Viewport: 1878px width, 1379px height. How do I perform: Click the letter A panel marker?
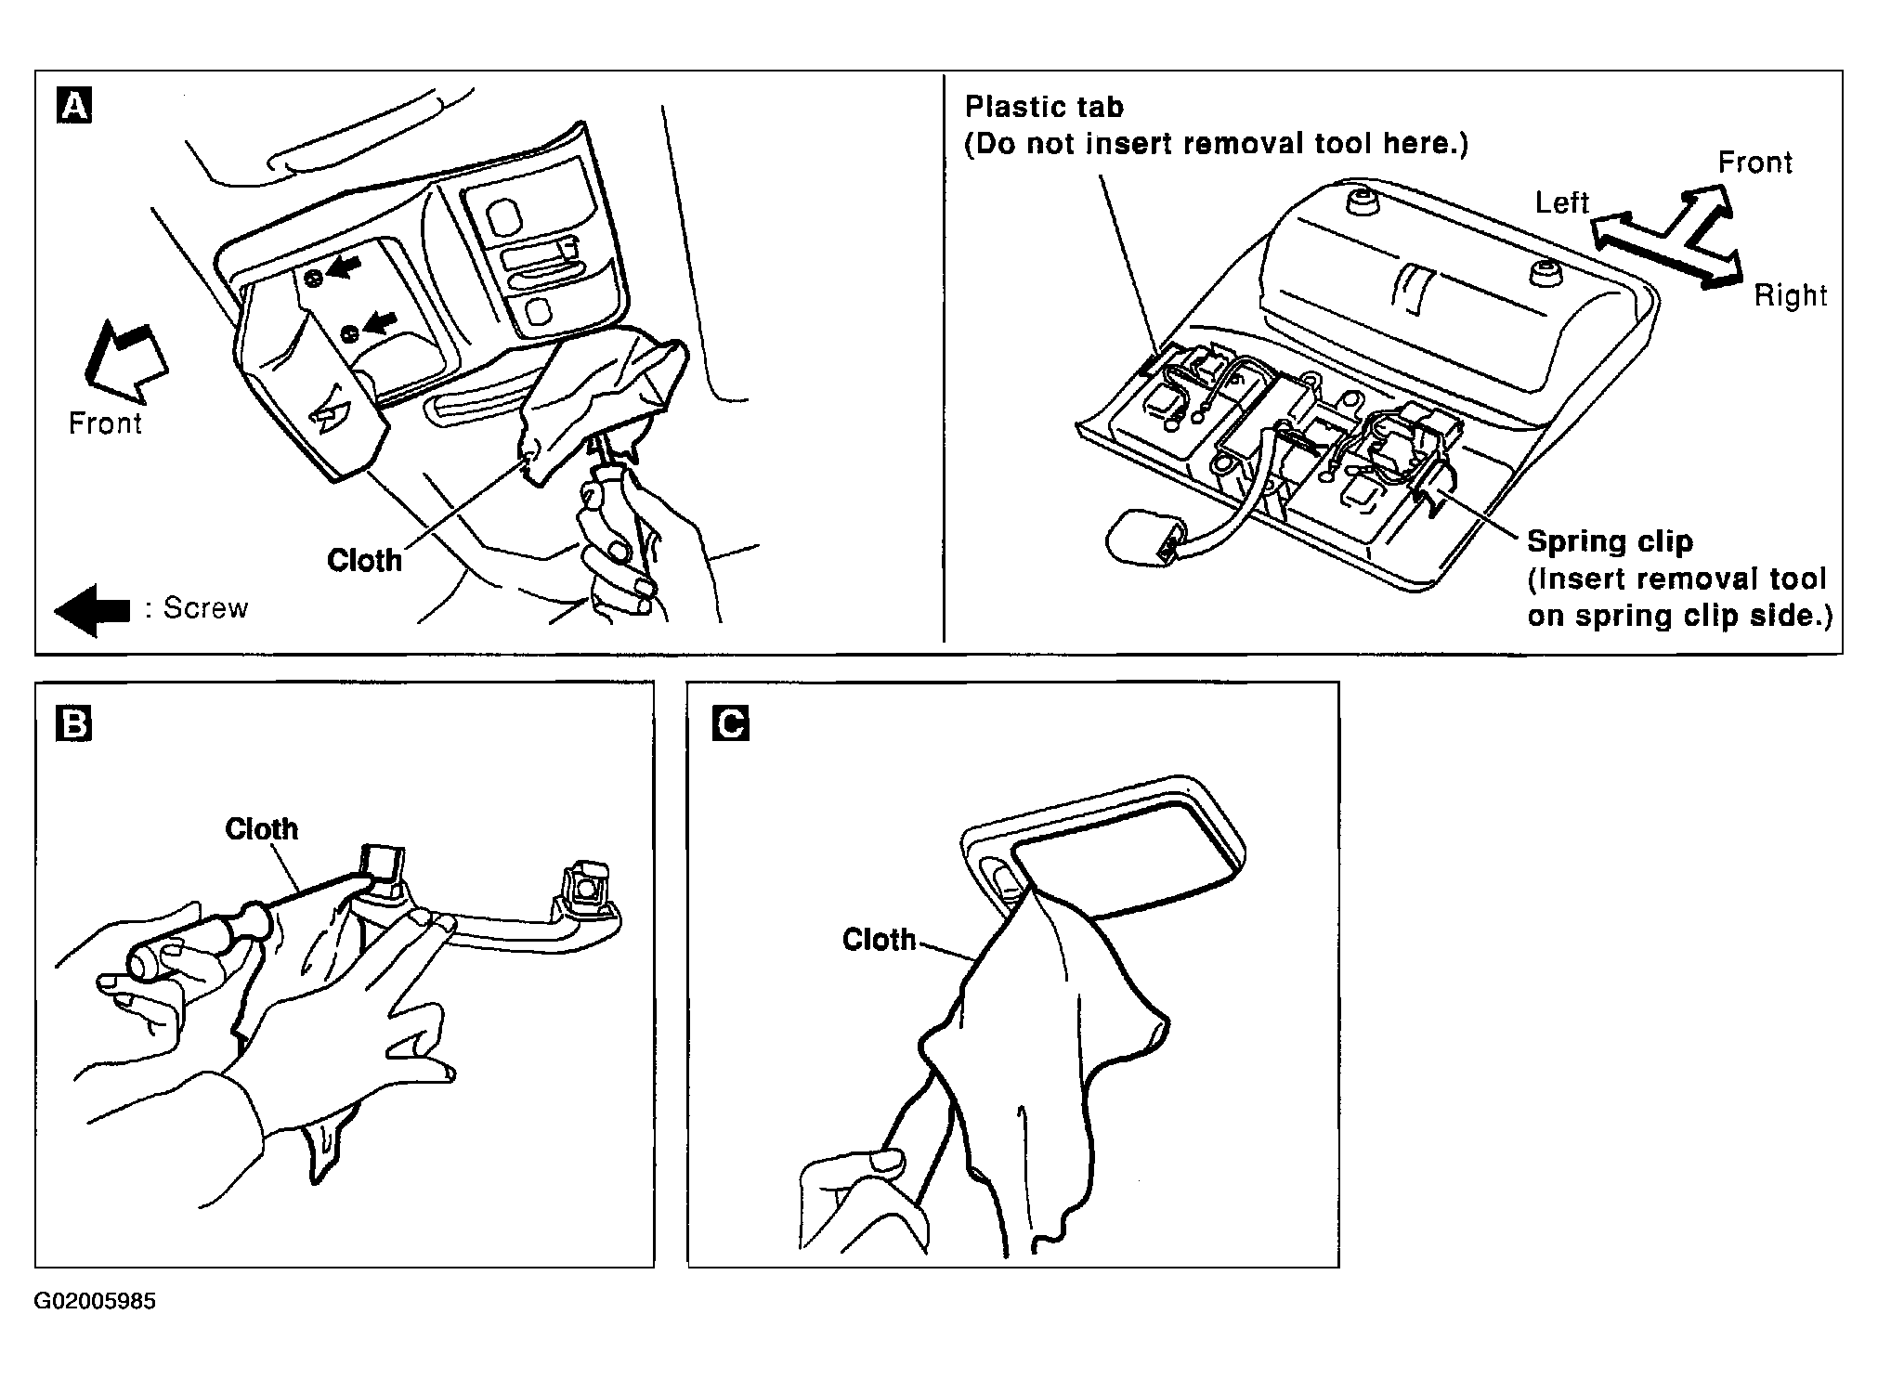coord(74,105)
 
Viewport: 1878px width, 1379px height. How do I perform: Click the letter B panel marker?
coord(74,723)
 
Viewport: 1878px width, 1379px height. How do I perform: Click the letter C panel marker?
coord(731,723)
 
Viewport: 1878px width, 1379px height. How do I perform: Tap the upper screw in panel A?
coord(314,278)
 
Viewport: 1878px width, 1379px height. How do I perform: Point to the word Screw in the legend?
coord(206,608)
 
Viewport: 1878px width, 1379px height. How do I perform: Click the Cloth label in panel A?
coord(364,560)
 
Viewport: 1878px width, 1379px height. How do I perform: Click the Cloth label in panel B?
coord(262,828)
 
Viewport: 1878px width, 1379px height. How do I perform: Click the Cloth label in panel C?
coord(879,940)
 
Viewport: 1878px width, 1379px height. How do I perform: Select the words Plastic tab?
coord(1044,107)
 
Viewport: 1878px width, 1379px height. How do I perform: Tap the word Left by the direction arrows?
coord(1562,202)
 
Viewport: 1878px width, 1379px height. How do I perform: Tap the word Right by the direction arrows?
coord(1790,295)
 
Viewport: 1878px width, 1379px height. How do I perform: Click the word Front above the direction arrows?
coord(1754,163)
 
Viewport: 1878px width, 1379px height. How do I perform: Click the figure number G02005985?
coord(96,1302)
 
